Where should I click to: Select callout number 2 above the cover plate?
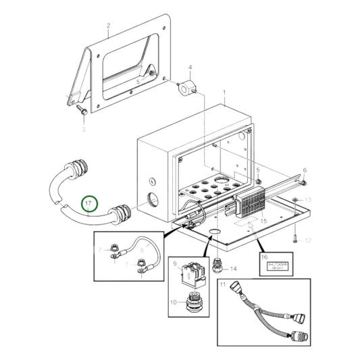click(x=108, y=26)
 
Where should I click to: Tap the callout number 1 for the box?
click(x=225, y=91)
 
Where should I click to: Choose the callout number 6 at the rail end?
click(x=304, y=170)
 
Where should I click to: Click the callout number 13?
click(x=308, y=201)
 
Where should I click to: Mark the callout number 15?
click(x=264, y=220)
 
